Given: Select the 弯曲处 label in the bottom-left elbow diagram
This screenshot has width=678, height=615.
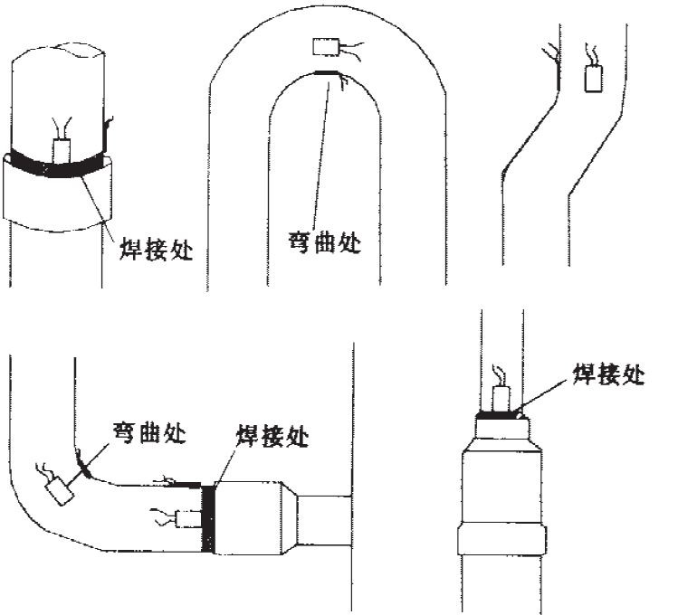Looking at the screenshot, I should [x=149, y=431].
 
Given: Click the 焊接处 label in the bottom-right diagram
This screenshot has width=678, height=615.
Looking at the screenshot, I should [x=609, y=374].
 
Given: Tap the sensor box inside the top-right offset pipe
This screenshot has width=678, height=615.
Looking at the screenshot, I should [x=594, y=79].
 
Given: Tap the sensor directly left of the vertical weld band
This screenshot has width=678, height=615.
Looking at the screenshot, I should [x=188, y=518].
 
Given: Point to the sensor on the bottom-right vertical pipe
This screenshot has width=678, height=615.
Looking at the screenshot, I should [x=502, y=398].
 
